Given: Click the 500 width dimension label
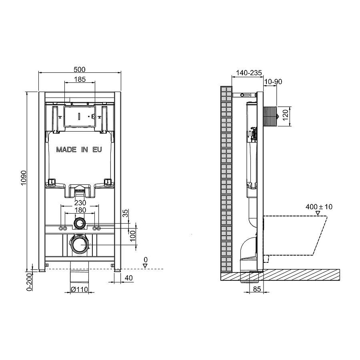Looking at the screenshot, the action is (x=80, y=69).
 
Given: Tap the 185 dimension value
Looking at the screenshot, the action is (x=80, y=80).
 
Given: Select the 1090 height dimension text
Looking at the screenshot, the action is (x=24, y=178).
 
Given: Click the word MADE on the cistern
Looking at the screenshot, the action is (x=66, y=150).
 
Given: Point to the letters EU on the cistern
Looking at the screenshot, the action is (x=97, y=150).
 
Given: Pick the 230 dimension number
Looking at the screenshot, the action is (x=80, y=203).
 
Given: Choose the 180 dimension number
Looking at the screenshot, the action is (x=80, y=210).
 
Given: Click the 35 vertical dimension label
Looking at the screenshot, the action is (x=125, y=213).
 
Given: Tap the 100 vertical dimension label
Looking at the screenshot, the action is (x=133, y=236).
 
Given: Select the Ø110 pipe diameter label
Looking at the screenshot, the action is (x=80, y=290).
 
